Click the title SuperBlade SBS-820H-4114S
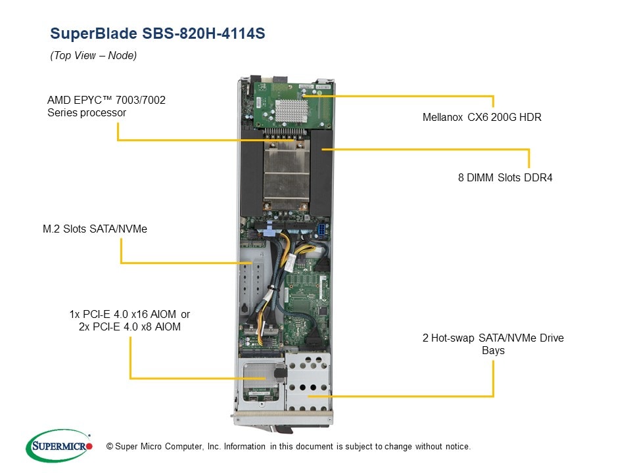(158, 34)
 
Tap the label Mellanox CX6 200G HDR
(482, 118)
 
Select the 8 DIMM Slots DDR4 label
(505, 177)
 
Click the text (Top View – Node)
(93, 56)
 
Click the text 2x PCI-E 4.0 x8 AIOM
(129, 327)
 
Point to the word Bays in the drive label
(493, 350)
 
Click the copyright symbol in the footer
(101, 447)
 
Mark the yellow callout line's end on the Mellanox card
(305, 96)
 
